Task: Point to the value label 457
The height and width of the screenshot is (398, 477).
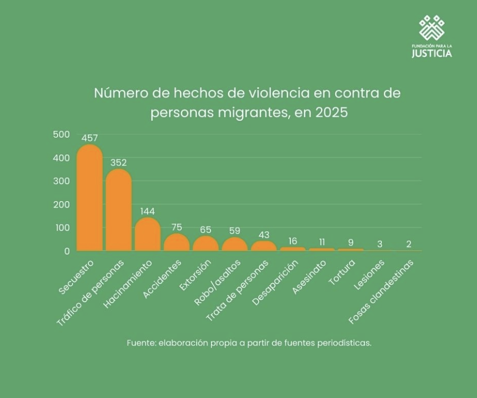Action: pyautogui.click(x=89, y=138)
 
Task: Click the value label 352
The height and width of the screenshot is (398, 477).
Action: pyautogui.click(x=118, y=162)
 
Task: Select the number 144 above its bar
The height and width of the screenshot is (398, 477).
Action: pyautogui.click(x=148, y=211)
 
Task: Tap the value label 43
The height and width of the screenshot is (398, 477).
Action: pyautogui.click(x=263, y=234)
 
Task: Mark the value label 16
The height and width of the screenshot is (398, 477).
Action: pyautogui.click(x=292, y=241)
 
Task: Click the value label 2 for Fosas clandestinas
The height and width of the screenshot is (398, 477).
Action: pyautogui.click(x=409, y=244)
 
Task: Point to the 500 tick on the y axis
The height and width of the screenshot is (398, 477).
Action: pyautogui.click(x=61, y=134)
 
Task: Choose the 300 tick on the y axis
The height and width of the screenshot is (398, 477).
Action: pyautogui.click(x=61, y=181)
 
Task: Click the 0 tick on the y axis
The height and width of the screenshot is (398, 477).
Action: pyautogui.click(x=67, y=251)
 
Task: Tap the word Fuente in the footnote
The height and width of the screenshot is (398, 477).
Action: pyautogui.click(x=140, y=342)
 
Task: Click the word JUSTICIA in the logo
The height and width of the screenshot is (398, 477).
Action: pyautogui.click(x=432, y=53)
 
